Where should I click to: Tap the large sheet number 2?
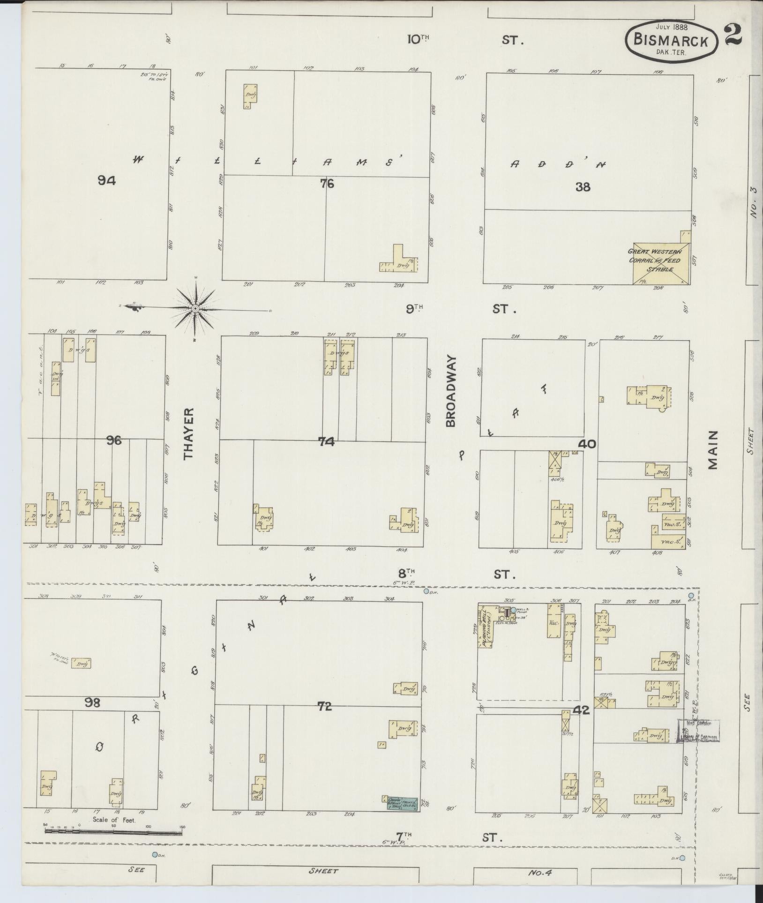(732, 35)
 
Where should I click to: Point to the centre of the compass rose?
(195, 308)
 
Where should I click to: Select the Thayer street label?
(188, 433)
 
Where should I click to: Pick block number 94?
(106, 180)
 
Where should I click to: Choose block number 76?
(327, 184)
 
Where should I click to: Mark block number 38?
(583, 187)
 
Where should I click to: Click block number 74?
(326, 441)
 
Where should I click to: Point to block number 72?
(324, 707)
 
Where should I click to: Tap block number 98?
(93, 702)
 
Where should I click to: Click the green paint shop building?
(402, 803)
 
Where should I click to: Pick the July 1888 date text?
(672, 27)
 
